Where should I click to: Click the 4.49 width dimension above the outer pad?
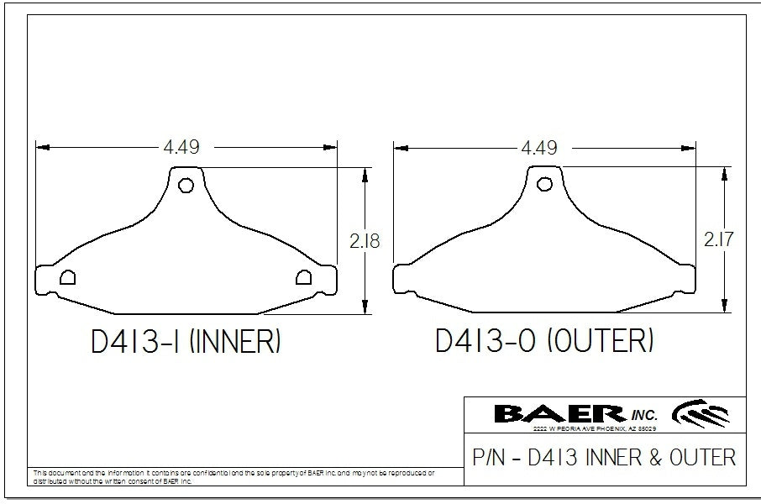click(539, 148)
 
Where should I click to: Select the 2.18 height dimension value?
click(365, 242)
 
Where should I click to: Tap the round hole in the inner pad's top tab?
click(186, 185)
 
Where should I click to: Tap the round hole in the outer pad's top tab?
click(544, 183)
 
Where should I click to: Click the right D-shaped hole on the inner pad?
click(303, 278)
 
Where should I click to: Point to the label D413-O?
click(486, 342)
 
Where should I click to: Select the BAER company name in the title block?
click(558, 413)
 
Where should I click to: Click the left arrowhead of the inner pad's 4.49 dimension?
click(42, 147)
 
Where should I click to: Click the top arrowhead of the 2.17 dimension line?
click(724, 171)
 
